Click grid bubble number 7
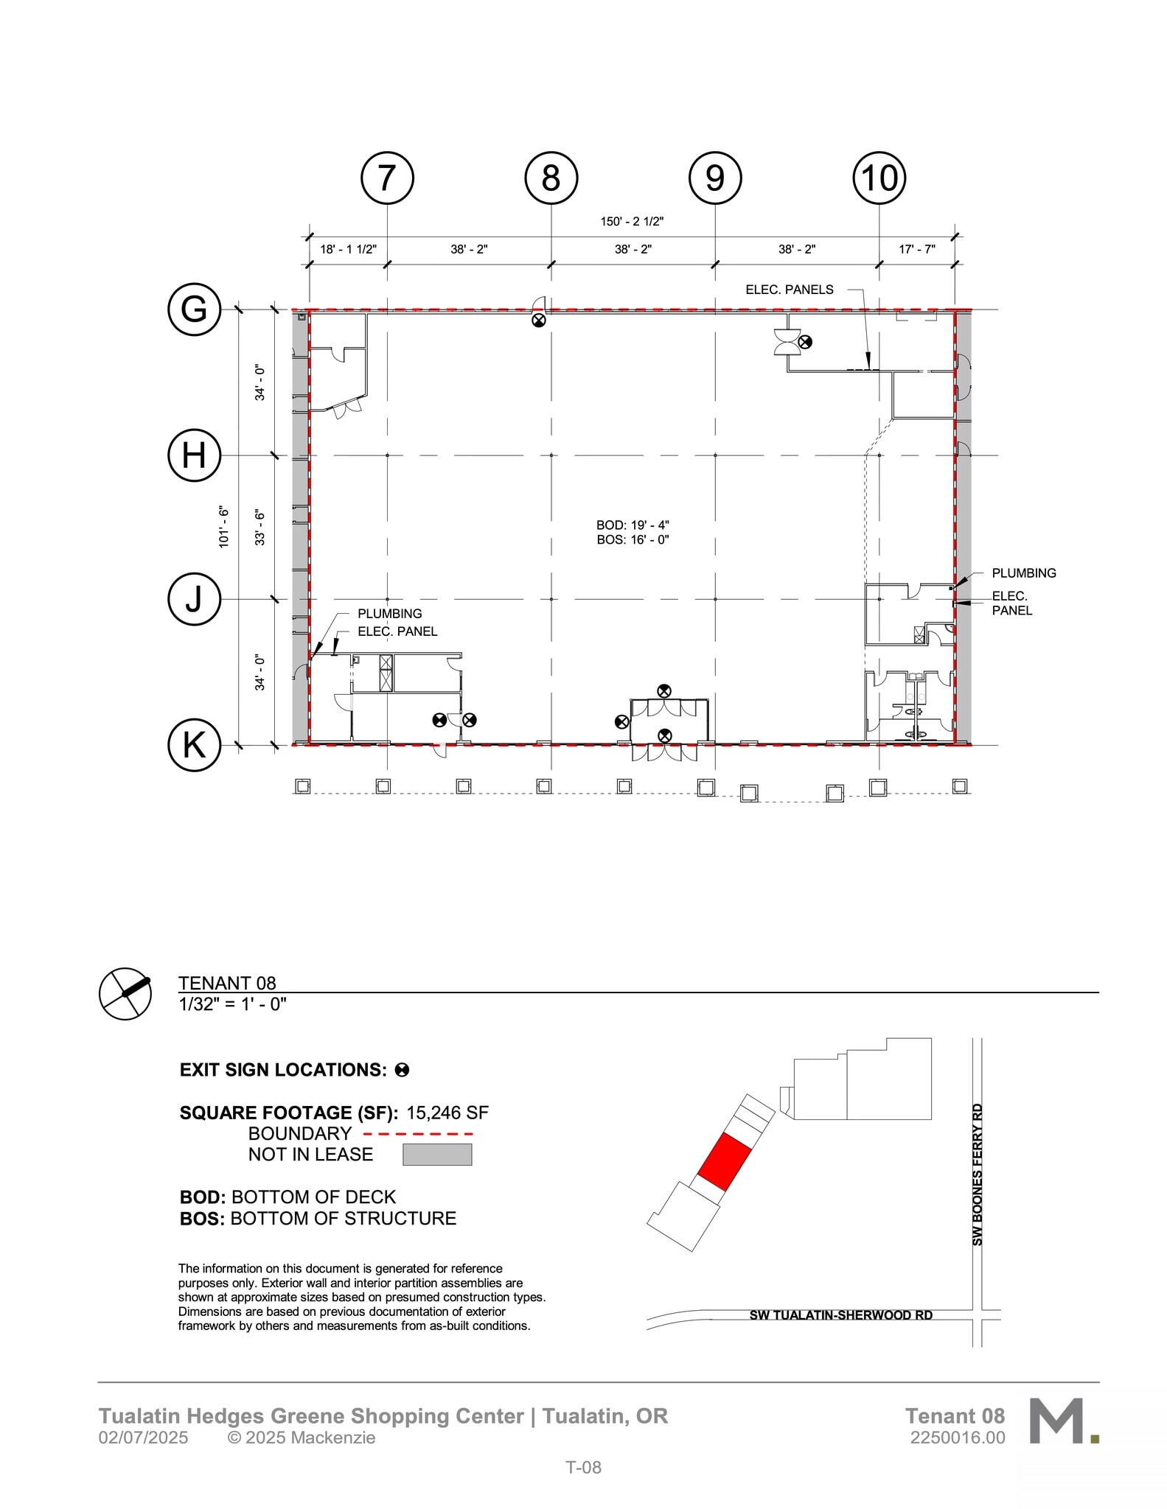[x=387, y=178]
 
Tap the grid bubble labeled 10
[x=879, y=178]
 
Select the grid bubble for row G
[x=194, y=309]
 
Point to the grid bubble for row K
[x=194, y=745]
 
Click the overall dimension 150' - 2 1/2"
[x=632, y=221]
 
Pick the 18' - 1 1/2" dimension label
[x=348, y=249]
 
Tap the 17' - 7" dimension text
[x=916, y=249]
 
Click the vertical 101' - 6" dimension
[x=224, y=526]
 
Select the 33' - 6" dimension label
[x=260, y=528]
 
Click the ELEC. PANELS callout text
[x=789, y=290]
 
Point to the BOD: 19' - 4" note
[x=633, y=525]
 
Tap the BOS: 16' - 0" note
[x=633, y=539]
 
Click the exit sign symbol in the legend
[x=402, y=1070]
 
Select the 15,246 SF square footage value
[x=447, y=1113]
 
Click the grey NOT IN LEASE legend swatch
[x=437, y=1155]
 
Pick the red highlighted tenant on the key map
[x=724, y=1162]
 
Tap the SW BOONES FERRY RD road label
[x=978, y=1174]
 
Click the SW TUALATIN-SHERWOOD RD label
[x=840, y=1315]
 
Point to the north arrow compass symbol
[x=125, y=993]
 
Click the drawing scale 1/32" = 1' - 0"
[x=232, y=1004]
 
